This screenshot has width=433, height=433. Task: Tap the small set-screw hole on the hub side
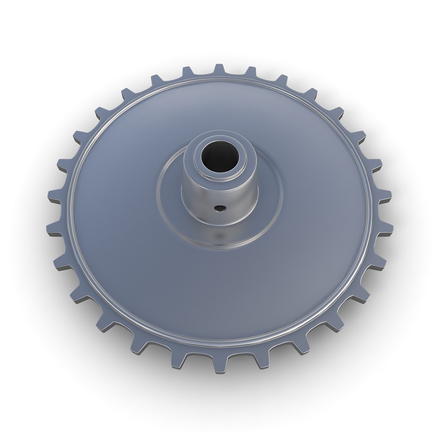[219, 208]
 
